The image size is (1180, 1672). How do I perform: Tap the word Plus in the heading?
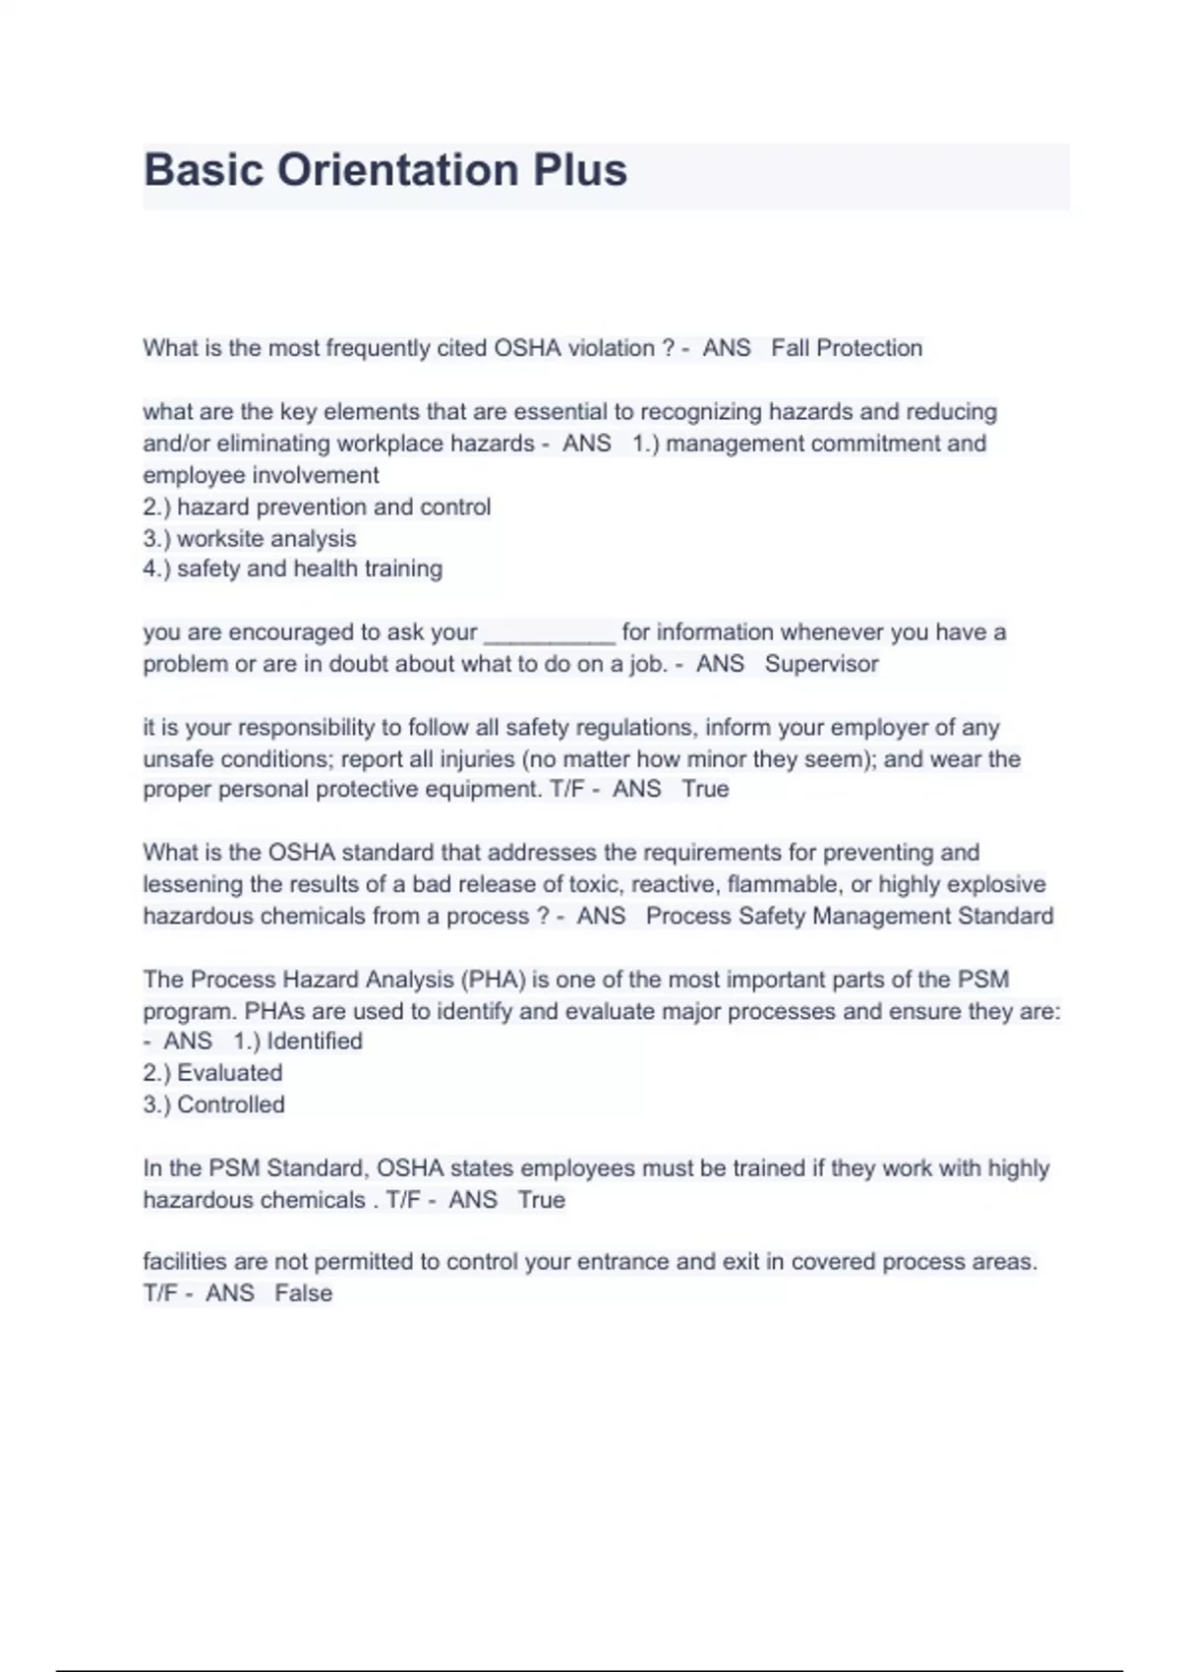[x=579, y=170]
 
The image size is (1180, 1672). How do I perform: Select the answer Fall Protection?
[x=847, y=348]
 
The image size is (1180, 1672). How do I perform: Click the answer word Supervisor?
[x=821, y=664]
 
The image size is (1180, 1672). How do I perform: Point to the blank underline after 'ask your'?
[x=550, y=634]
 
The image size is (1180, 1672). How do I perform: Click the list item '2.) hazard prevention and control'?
[x=317, y=508]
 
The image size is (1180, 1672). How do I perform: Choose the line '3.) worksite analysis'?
[x=250, y=539]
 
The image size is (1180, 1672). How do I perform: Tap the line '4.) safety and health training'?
[x=293, y=568]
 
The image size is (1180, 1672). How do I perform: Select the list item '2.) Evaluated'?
[x=212, y=1073]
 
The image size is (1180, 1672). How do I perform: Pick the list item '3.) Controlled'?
[x=213, y=1105]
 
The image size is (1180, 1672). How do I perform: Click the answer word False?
[x=303, y=1293]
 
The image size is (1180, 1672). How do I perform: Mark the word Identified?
[x=315, y=1042]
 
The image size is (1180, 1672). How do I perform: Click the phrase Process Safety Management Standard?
[x=850, y=917]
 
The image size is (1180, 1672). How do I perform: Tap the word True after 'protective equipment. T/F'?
[x=705, y=790]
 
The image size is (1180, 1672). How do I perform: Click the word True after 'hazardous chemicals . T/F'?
[x=541, y=1200]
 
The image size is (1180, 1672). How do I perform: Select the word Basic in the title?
[x=204, y=170]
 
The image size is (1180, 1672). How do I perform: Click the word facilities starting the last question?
[x=183, y=1262]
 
